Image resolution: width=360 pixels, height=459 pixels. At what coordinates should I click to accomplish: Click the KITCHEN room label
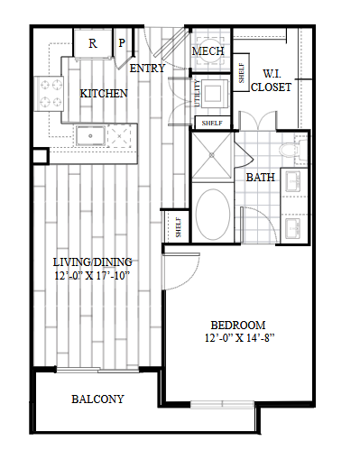click(x=104, y=94)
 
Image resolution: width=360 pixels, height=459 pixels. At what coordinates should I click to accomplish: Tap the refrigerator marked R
click(x=93, y=43)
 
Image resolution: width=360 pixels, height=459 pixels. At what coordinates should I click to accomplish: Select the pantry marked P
click(x=122, y=43)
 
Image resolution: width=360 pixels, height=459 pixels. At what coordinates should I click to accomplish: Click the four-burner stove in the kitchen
click(x=50, y=94)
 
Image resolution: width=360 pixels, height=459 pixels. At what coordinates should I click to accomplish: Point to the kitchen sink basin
click(x=90, y=136)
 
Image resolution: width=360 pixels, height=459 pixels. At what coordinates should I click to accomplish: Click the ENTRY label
click(x=147, y=69)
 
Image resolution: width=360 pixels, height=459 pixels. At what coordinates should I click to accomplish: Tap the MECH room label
click(x=208, y=51)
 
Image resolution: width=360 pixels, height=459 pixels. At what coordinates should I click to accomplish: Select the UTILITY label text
click(x=198, y=93)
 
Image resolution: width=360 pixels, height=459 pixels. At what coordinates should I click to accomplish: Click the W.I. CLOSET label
click(x=271, y=80)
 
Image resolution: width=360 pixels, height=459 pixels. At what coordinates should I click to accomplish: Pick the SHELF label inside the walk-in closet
click(x=241, y=73)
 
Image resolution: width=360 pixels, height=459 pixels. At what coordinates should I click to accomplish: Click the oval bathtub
click(x=213, y=213)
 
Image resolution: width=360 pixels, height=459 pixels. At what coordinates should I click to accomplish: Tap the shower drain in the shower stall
click(x=212, y=155)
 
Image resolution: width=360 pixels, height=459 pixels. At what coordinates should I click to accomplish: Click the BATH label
click(x=261, y=178)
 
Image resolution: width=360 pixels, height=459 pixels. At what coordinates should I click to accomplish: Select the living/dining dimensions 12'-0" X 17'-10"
click(x=92, y=275)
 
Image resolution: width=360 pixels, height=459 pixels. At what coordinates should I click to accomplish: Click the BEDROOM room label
click(x=238, y=326)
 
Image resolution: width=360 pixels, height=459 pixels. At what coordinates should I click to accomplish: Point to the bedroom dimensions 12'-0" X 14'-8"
click(x=240, y=338)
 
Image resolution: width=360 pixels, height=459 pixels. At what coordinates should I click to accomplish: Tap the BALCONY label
click(x=97, y=399)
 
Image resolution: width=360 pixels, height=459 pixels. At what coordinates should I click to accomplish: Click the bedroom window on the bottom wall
click(x=222, y=405)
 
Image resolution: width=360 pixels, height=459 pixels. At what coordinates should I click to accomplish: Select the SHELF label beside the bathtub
click(x=179, y=227)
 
